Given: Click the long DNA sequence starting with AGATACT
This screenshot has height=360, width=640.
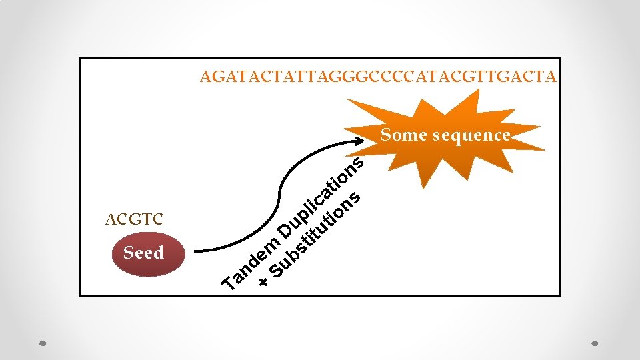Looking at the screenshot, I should (x=377, y=77).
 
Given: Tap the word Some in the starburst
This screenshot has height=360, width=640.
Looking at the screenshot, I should (x=403, y=135).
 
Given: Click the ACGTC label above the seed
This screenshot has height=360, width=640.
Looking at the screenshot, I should (x=134, y=219).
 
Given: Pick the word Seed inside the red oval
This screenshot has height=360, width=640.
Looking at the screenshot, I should (x=143, y=253).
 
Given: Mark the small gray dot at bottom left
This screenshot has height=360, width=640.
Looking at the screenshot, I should (x=41, y=344).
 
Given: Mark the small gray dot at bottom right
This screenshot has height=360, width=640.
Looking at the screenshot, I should (x=595, y=344).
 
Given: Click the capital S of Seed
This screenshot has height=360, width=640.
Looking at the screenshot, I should (x=129, y=253).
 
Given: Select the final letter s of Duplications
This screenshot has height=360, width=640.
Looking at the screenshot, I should (x=358, y=162).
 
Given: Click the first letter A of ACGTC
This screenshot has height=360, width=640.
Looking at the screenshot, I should (x=110, y=219).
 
